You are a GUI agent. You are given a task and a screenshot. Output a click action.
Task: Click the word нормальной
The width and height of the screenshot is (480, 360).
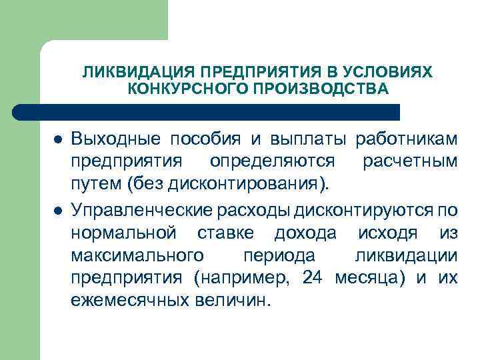tap(125, 233)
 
